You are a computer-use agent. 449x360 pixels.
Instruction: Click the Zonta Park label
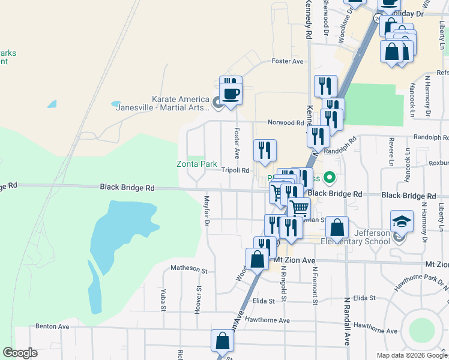[x=196, y=164]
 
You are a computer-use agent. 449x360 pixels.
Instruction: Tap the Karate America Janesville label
[x=179, y=103]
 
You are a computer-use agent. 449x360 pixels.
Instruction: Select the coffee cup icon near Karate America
[x=232, y=94]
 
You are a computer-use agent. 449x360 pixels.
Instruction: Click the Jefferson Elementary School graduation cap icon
[x=401, y=222]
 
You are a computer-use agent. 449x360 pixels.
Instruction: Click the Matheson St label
[x=188, y=268]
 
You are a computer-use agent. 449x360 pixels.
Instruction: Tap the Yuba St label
[x=163, y=300]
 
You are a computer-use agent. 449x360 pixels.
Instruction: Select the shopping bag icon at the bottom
[x=221, y=341]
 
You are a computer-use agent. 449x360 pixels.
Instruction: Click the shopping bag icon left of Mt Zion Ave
[x=257, y=259]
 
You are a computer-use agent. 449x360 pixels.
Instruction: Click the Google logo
[x=20, y=353]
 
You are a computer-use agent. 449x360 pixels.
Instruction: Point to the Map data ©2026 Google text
[x=412, y=355]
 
